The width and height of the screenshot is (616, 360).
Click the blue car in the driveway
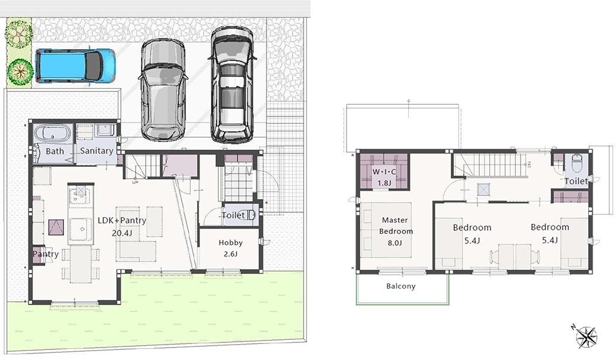[75, 66]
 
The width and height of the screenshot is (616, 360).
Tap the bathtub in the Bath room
[52, 133]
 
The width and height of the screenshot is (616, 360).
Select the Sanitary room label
[97, 151]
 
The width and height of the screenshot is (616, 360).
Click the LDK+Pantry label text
[122, 220]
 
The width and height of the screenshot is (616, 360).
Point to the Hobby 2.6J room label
[230, 248]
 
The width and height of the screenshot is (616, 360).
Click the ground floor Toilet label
[233, 215]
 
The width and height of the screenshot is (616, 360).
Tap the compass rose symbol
[585, 336]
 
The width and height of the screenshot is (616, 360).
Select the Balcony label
[401, 286]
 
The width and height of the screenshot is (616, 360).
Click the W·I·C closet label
[384, 172]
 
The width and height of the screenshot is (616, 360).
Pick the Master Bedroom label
[396, 226]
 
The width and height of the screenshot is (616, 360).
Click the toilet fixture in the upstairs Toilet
[576, 163]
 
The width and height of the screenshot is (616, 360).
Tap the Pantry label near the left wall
[46, 254]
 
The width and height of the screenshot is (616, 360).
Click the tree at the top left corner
[18, 32]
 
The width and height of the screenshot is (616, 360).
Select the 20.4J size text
[122, 233]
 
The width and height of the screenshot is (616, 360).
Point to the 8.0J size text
[395, 243]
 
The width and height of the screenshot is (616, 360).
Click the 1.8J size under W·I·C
[384, 183]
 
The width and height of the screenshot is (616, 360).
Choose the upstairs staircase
[492, 165]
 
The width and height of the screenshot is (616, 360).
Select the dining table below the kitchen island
[81, 265]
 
